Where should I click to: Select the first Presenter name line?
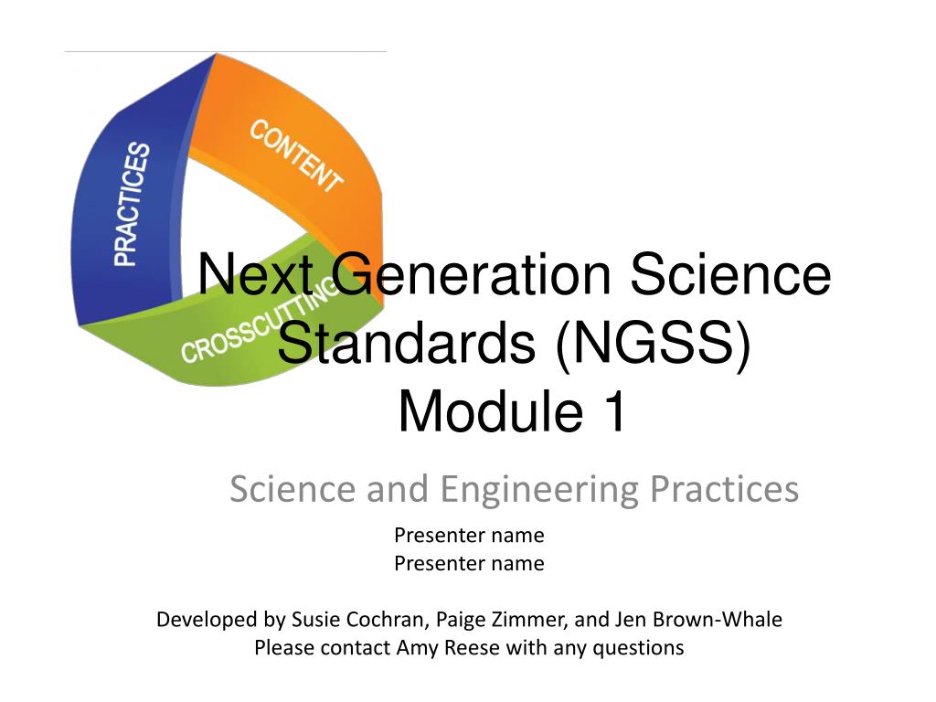(x=469, y=535)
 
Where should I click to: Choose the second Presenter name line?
(x=469, y=563)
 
